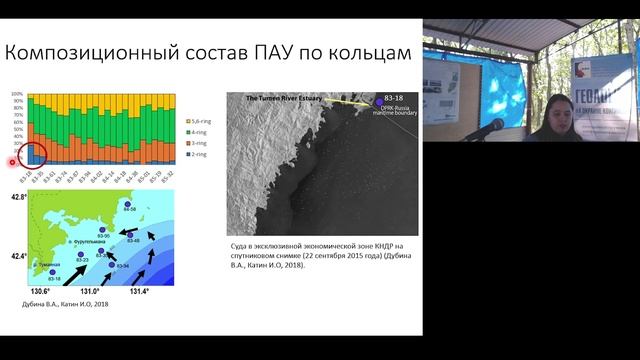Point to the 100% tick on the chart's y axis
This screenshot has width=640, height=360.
tap(17, 95)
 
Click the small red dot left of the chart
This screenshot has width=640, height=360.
tap(13, 162)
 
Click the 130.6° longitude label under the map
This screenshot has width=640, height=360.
tap(41, 291)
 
